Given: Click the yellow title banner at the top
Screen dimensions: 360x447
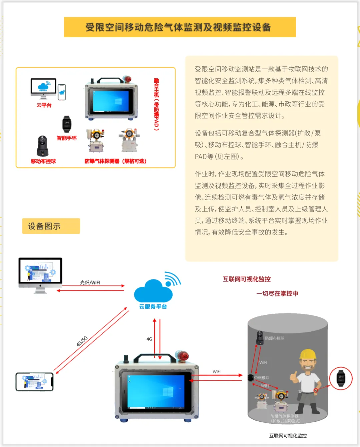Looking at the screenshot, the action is click(180, 27).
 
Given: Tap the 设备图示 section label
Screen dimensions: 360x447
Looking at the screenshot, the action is click(51, 226).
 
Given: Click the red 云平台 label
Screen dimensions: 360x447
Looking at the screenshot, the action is click(44, 105).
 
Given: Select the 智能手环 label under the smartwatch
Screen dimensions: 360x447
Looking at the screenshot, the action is click(67, 138).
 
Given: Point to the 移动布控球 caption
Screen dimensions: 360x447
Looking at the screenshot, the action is click(43, 161).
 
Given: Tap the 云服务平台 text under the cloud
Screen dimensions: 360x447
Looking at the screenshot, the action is click(153, 306).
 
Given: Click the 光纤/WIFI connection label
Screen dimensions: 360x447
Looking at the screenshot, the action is click(90, 282).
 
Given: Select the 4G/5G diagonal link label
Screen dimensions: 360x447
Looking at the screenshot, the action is click(82, 341).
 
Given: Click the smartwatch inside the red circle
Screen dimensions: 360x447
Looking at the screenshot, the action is click(341, 378).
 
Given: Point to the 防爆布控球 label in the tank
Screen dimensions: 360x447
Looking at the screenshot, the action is click(275, 338).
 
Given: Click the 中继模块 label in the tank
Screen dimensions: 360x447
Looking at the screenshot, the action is click(262, 378).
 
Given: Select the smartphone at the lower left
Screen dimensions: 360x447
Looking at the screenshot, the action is click(35, 382).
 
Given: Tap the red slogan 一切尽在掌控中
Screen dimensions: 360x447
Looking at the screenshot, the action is click(277, 293).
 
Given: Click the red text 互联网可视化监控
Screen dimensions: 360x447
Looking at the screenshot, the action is click(247, 279).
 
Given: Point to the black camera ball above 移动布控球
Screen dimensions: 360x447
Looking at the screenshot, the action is click(43, 146).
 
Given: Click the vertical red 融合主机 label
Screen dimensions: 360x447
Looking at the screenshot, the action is click(156, 105).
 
